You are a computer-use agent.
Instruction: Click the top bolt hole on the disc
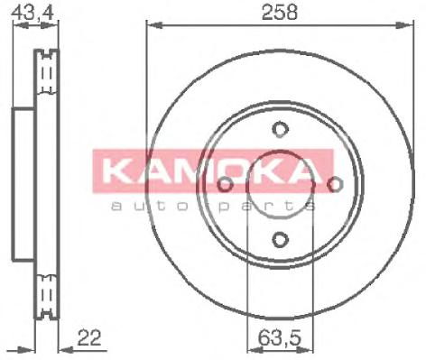280,128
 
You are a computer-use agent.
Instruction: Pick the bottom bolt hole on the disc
280,239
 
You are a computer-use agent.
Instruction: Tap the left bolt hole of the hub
225,184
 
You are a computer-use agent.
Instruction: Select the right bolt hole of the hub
336,184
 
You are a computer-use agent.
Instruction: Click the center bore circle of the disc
280,184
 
